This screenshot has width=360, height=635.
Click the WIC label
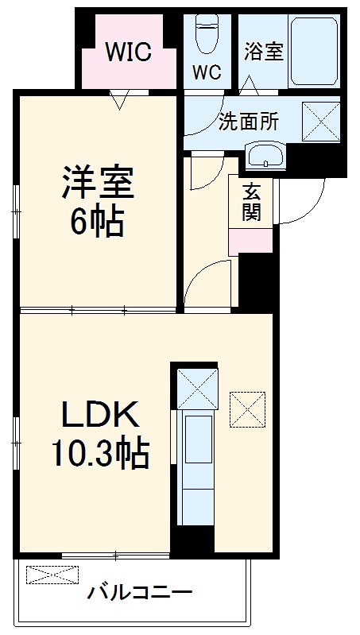click(129, 52)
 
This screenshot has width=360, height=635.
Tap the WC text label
click(207, 72)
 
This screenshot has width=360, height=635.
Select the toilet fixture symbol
click(207, 34)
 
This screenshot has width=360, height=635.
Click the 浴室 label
click(264, 52)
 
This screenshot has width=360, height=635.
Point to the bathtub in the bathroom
click(314, 51)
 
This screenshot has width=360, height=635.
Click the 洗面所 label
click(249, 122)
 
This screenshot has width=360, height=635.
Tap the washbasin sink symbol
click(265, 156)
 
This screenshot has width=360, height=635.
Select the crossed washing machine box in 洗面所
click(321, 122)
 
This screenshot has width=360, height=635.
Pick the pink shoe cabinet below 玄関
click(250, 242)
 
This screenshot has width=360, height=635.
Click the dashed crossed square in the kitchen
click(247, 409)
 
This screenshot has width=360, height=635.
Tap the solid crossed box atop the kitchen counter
click(198, 389)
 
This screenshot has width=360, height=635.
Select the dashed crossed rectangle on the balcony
click(52, 575)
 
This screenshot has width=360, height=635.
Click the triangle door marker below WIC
click(119, 99)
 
